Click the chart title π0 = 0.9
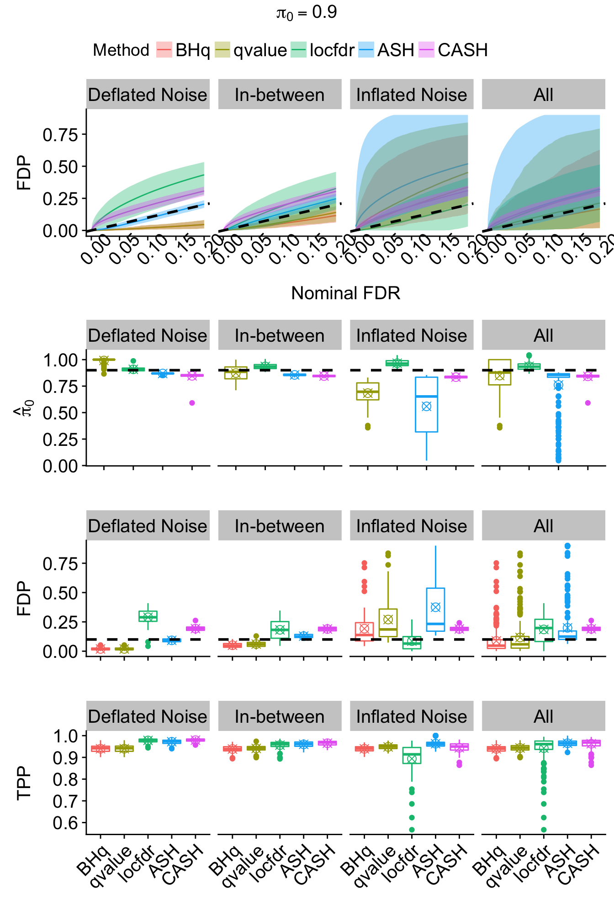coord(307,13)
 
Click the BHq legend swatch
coord(164,50)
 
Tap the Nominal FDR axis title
coord(345,293)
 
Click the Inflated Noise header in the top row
coord(412,95)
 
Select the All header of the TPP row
coord(543,717)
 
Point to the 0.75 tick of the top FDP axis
coord(60,135)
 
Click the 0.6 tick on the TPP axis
coord(65,823)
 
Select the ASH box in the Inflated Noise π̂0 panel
coord(426,404)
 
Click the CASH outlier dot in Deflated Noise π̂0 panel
coord(192,403)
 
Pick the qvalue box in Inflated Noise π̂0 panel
coord(368,392)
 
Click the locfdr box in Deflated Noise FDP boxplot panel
coord(148,616)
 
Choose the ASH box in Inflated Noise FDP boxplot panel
coord(435,609)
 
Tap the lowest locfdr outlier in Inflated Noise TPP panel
coord(412,830)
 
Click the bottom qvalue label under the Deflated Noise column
coord(111,867)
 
